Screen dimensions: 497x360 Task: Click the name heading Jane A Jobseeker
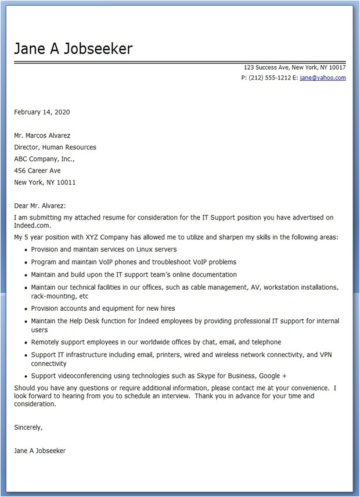click(73, 49)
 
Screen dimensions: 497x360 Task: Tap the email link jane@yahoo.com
click(323, 78)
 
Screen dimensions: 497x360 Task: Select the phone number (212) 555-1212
click(266, 78)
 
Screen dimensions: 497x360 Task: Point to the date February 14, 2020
click(42, 112)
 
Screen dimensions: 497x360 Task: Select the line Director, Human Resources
click(55, 147)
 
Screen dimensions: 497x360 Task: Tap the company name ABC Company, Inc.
click(44, 159)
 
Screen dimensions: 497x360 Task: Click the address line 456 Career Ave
click(37, 171)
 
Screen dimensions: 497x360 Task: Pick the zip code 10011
click(66, 182)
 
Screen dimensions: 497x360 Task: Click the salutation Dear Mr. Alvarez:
click(40, 206)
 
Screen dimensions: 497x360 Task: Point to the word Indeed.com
click(33, 225)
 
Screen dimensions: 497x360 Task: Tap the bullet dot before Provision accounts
click(26, 309)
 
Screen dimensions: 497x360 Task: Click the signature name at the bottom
click(40, 451)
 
